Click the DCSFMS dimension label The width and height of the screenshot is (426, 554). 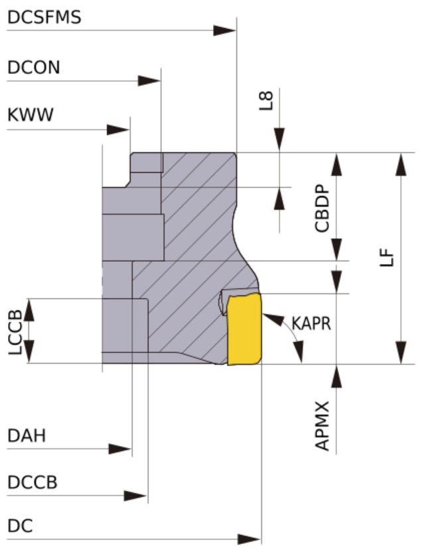click(x=44, y=17)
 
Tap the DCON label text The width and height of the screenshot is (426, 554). click(x=34, y=68)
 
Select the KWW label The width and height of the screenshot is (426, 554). click(x=31, y=115)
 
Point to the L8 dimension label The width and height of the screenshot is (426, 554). click(x=266, y=101)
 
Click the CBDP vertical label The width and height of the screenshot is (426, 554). click(x=322, y=208)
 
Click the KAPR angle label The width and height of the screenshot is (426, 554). click(x=311, y=323)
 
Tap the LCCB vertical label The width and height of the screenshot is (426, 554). click(x=15, y=332)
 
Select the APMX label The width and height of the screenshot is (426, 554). click(x=322, y=426)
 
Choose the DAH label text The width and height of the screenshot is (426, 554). click(x=27, y=435)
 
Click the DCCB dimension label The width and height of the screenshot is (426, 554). click(x=33, y=482)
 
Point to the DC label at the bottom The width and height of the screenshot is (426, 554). click(x=20, y=526)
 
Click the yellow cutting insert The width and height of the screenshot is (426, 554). click(x=244, y=329)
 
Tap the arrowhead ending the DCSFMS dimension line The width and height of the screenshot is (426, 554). click(x=225, y=30)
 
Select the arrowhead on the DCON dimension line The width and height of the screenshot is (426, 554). click(x=149, y=81)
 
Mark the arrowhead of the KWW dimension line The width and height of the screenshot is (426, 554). click(x=118, y=130)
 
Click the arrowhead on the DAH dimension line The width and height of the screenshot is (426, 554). click(x=120, y=449)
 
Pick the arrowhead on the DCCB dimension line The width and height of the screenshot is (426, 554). click(x=135, y=496)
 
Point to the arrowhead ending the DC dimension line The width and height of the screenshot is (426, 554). click(x=249, y=539)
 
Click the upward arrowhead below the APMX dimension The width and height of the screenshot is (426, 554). click(x=336, y=376)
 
